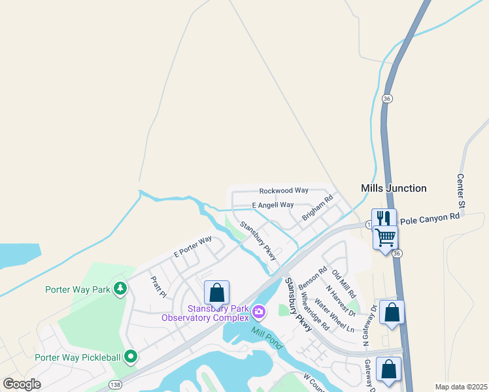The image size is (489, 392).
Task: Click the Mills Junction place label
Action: coord(394,188)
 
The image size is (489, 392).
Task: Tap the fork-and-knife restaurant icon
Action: coord(384,218)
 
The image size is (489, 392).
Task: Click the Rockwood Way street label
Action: coord(284,191)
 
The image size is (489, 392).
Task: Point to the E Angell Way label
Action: coord(273,205)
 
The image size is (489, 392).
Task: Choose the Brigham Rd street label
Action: coord(318,207)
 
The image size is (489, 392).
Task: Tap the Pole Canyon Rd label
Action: coord(430,221)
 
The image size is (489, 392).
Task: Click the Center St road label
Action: coord(461,191)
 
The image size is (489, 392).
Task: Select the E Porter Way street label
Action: coord(193,246)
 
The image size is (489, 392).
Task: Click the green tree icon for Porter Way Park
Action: coord(120,287)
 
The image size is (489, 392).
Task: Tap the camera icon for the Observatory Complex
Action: coord(259,312)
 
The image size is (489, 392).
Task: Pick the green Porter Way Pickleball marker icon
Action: coord(131,357)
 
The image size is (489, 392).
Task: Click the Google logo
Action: coord(22,384)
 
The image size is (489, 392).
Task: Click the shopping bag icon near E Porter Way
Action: coord(216,292)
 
